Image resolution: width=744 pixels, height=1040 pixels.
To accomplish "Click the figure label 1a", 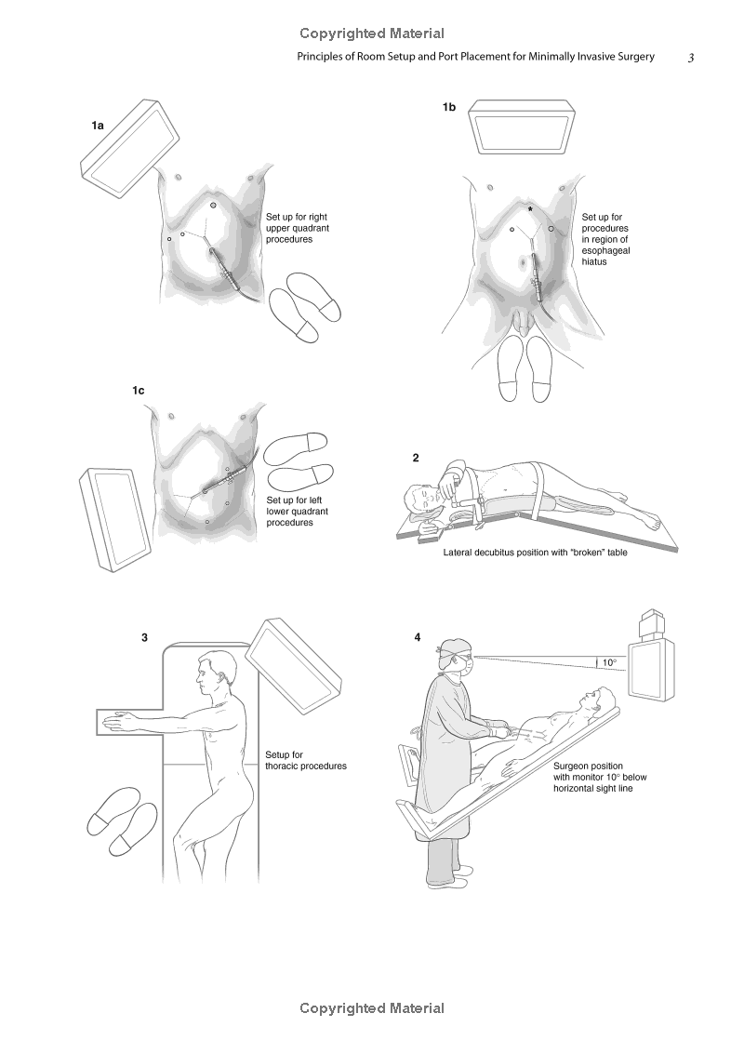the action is point(98,126).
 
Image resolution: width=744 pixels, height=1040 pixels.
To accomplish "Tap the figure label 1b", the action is point(449,107).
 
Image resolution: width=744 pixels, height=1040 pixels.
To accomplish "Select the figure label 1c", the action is point(138,391).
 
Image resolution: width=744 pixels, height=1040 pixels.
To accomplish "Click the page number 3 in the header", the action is point(691,58).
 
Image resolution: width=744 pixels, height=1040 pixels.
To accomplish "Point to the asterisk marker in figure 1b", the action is point(530,209).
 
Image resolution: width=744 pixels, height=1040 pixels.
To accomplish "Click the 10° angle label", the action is point(609,662).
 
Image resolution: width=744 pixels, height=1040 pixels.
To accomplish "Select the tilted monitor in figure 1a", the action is point(130,149).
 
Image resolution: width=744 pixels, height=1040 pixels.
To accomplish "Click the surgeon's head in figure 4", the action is point(455,655).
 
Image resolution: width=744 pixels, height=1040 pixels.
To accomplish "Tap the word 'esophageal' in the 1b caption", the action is point(605,251).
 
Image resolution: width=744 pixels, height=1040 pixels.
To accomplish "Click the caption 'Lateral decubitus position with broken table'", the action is point(535,553).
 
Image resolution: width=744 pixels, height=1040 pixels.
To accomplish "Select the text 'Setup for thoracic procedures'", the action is point(306,760).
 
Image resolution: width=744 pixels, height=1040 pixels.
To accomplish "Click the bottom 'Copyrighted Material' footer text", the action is point(372,1008).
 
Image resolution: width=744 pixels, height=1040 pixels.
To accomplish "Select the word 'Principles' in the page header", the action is point(319,57).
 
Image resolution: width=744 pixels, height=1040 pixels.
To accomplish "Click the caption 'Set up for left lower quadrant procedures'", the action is point(297,512).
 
